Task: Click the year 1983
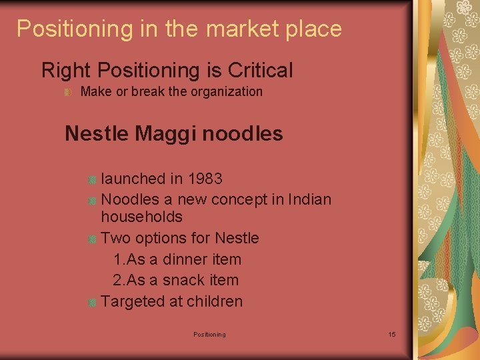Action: (x=205, y=179)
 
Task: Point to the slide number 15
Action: (x=391, y=334)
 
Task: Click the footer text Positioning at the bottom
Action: (x=209, y=334)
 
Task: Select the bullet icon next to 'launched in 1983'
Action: (x=93, y=179)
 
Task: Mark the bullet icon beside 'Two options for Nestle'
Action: (x=93, y=239)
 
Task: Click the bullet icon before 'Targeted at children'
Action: (x=93, y=302)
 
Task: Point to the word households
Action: (x=141, y=217)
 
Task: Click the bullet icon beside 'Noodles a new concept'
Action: (x=93, y=200)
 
